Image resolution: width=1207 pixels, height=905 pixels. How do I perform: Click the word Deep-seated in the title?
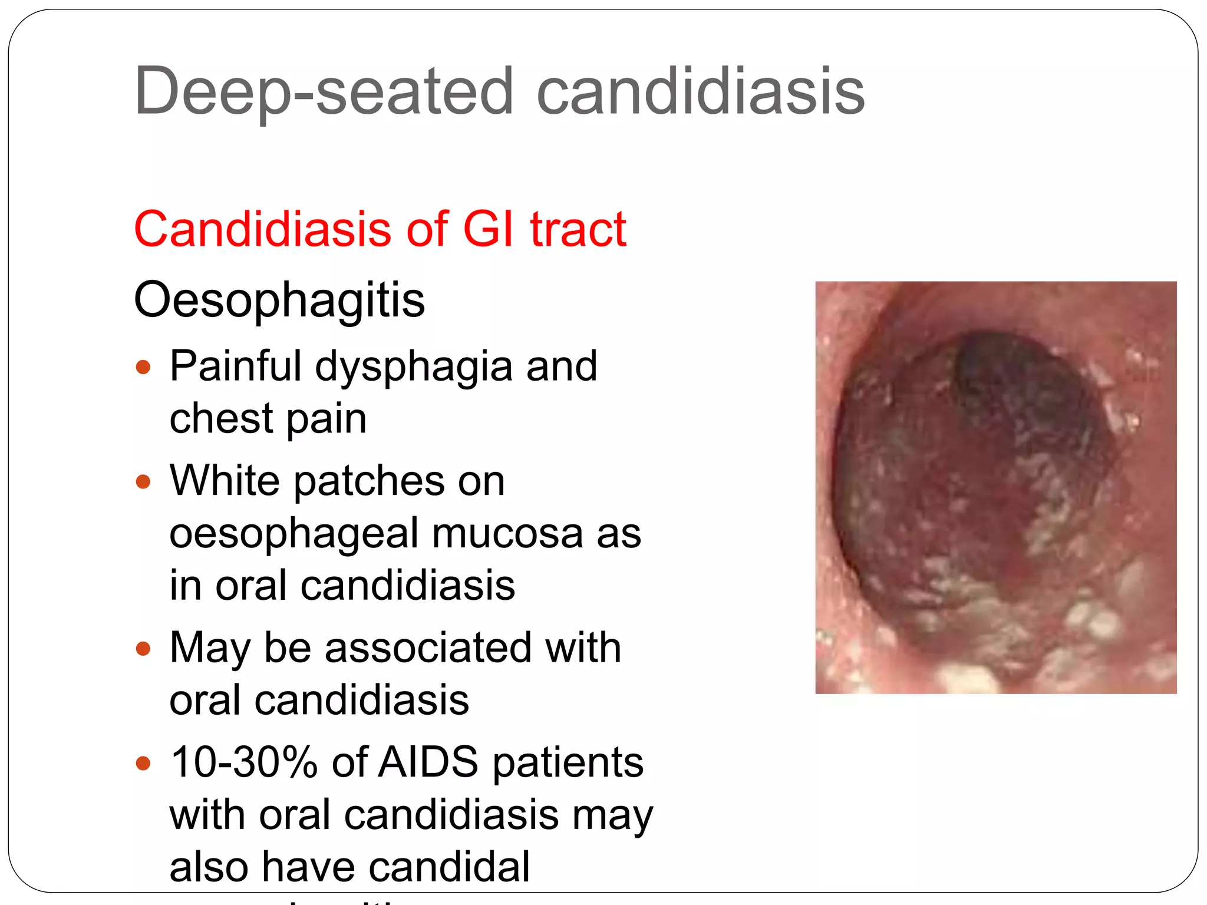pos(324,91)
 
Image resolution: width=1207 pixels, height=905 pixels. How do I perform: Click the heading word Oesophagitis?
pos(279,300)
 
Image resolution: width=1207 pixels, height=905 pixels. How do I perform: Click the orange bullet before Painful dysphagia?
pos(143,368)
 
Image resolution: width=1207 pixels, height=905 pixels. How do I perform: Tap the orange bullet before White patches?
pos(143,482)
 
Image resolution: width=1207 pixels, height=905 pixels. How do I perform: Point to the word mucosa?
pos(507,533)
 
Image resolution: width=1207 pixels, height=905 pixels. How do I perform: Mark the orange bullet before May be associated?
pos(143,649)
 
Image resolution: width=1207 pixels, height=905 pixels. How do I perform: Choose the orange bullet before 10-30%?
pos(143,764)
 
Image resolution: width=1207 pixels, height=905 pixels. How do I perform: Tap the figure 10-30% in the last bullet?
pos(244,762)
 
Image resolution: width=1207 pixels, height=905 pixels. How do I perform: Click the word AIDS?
pos(428,762)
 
